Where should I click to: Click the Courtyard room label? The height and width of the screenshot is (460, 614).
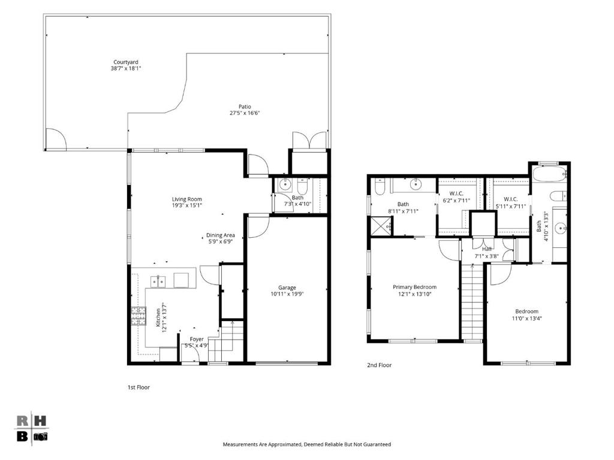point(126,62)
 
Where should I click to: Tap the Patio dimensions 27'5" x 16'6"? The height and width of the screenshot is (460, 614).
point(245,113)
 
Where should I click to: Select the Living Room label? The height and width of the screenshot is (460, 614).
point(187,199)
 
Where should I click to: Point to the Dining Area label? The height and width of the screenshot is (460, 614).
point(221,235)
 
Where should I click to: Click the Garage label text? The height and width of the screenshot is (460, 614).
point(287,287)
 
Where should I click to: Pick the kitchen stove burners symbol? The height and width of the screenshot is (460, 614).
point(139,316)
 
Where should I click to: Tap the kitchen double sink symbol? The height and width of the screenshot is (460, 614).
point(158,282)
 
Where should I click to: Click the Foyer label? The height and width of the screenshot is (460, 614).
point(197,339)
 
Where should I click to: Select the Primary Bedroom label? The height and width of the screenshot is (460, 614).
point(414,287)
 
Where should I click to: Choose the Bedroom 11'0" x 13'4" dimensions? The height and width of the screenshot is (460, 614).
point(526,318)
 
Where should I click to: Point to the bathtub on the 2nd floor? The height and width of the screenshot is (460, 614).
point(549,173)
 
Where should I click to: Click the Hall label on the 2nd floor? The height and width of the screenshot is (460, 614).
point(487,249)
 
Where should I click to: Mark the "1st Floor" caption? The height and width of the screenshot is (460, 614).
point(139,388)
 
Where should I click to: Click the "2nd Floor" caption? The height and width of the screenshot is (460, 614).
point(379,365)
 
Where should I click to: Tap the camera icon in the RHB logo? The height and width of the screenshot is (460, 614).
point(40,437)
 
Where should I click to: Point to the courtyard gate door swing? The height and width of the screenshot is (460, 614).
point(56,139)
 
